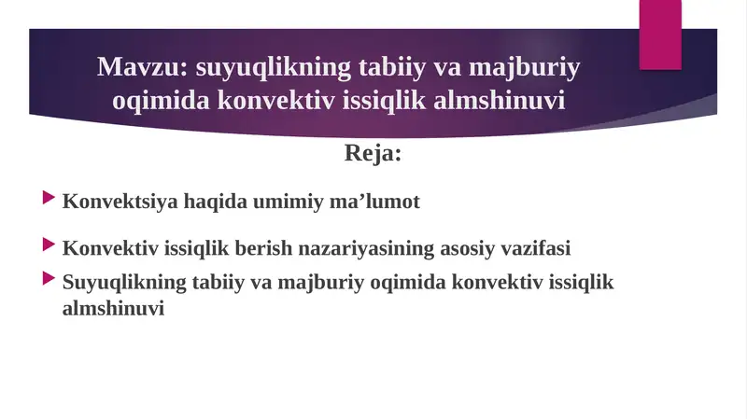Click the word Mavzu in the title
pyautogui.click(x=131, y=68)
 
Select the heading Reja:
pyautogui.click(x=373, y=153)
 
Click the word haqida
pyautogui.click(x=202, y=202)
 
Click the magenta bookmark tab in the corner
pyautogui.click(x=659, y=34)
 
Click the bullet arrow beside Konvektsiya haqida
pyautogui.click(x=49, y=199)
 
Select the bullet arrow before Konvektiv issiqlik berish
pyautogui.click(x=49, y=246)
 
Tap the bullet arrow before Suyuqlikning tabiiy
pyautogui.click(x=49, y=279)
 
